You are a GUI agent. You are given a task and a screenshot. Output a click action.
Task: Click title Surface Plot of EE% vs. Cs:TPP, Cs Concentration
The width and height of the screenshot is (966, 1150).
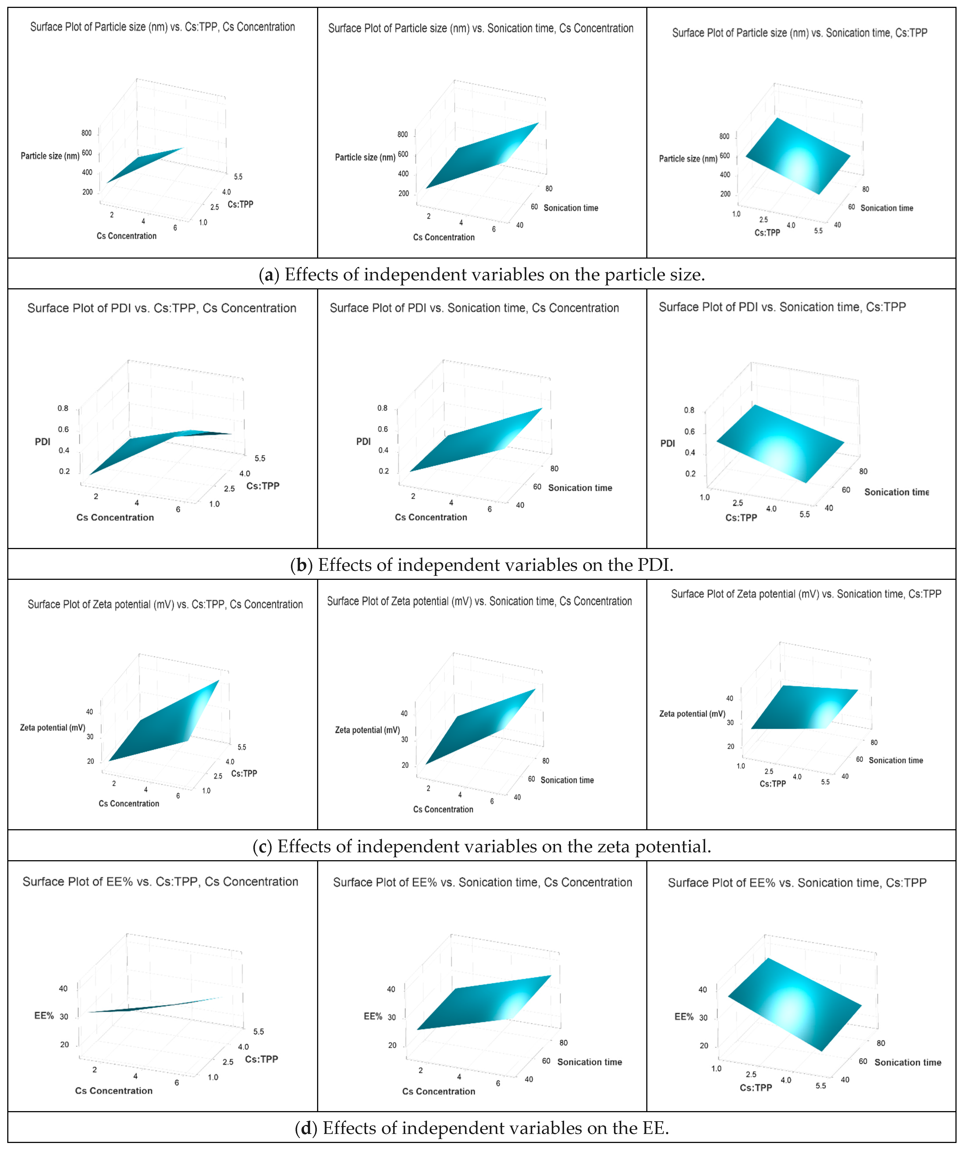tap(160, 882)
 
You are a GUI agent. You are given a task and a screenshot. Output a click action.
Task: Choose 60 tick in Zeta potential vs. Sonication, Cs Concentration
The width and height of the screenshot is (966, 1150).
tap(531, 779)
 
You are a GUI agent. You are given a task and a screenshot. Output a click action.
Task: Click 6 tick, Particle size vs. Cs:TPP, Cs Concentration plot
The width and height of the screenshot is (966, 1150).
tap(175, 228)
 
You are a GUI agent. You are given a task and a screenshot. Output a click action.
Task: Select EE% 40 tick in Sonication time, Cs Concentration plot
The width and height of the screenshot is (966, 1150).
tap(391, 989)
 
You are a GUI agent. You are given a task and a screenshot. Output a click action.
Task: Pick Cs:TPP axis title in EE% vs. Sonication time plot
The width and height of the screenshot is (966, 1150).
tap(756, 1088)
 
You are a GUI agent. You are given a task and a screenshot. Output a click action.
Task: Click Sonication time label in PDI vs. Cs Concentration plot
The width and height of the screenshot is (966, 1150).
tap(580, 488)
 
